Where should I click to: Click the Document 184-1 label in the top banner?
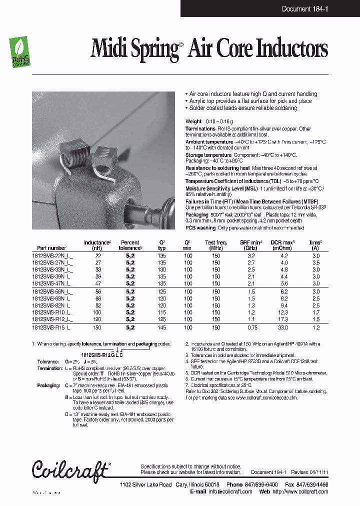pos(304,8)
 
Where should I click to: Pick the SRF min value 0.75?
pos(251,327)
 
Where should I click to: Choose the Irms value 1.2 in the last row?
pos(315,327)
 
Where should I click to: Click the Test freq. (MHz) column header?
pos(215,245)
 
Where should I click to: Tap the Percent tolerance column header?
pos(130,245)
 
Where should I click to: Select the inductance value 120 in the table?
pos(96,318)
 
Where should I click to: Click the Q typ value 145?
pos(162,327)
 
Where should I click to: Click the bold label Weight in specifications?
pos(193,121)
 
